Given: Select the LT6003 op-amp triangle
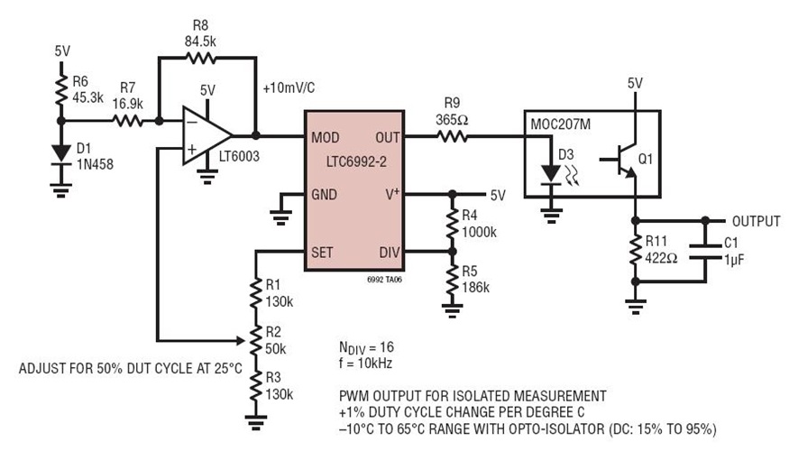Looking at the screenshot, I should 206,137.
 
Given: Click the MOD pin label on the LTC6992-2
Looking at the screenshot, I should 326,137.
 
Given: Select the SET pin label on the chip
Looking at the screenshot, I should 323,251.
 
